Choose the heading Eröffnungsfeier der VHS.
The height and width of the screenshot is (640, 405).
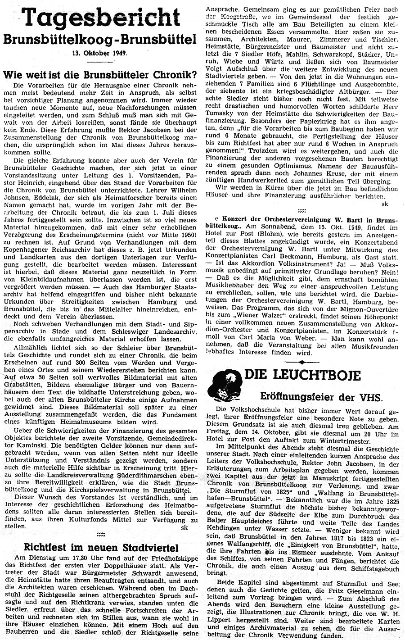pos(321,397)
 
